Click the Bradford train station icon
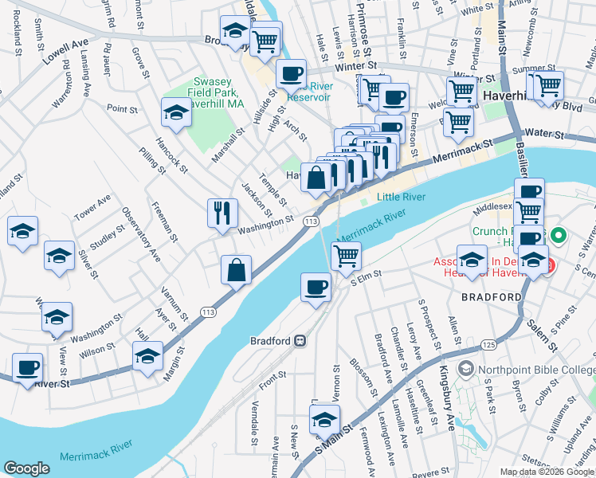(300, 339)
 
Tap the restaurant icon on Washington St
(222, 214)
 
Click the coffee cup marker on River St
(29, 368)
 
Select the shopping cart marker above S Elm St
(345, 257)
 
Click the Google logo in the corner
(27, 468)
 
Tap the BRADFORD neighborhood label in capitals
(492, 297)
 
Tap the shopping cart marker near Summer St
(547, 85)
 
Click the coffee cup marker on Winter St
(291, 74)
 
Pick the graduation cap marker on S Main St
(324, 419)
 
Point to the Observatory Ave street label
(140, 234)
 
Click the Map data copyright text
(546, 472)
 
